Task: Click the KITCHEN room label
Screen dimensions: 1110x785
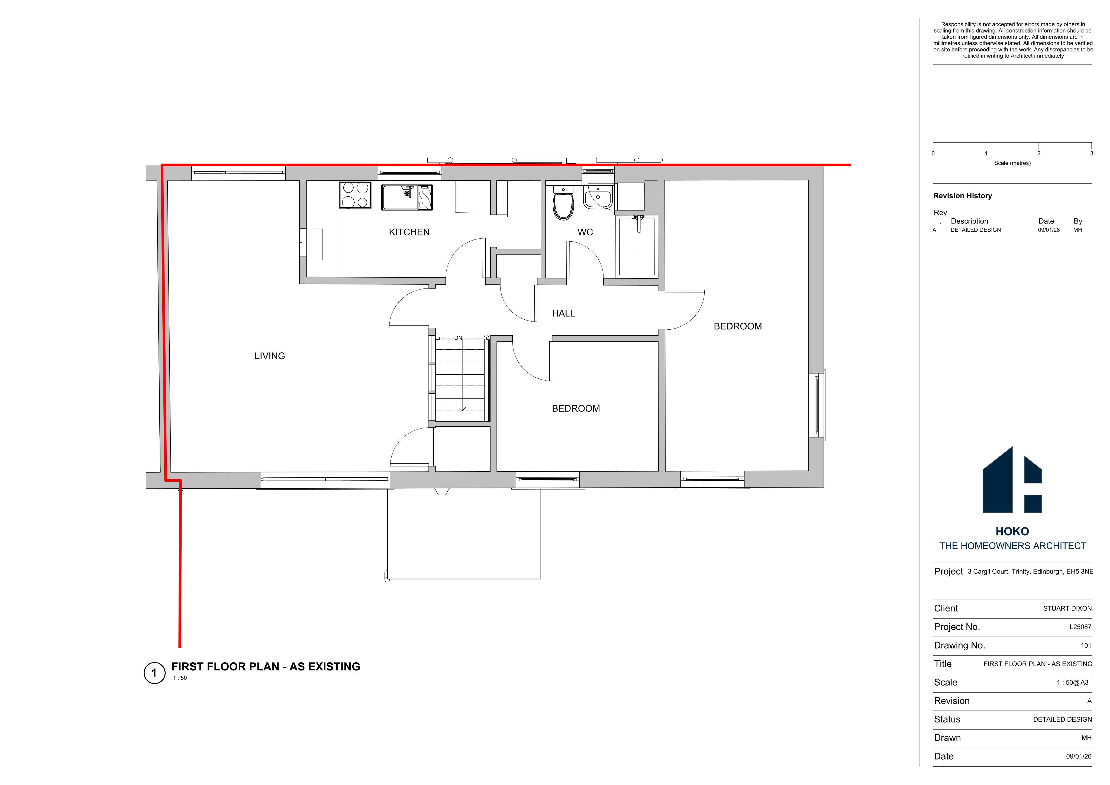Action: pos(409,232)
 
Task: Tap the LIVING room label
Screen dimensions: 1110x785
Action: pos(270,356)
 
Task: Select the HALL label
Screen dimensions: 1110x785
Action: pos(563,313)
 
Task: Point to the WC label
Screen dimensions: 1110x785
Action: pos(585,232)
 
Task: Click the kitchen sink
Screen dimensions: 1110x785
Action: pos(407,197)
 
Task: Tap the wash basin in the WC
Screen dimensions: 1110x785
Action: pos(598,196)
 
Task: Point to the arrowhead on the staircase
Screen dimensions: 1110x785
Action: pos(462,409)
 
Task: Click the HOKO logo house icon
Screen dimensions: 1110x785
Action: pos(1012,479)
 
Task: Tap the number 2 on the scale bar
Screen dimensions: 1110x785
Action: pos(1038,154)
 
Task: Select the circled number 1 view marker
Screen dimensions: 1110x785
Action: pos(154,673)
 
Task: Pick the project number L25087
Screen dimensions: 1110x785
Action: pos(1080,627)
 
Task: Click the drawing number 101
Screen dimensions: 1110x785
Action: pos(1086,645)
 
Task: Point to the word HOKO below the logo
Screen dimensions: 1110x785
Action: pos(1012,532)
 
